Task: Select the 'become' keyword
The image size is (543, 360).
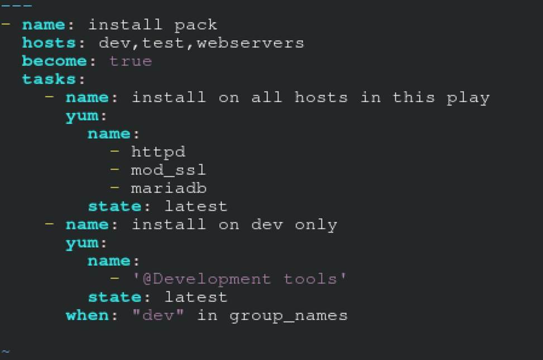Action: point(54,61)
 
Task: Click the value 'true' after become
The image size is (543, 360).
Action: point(131,61)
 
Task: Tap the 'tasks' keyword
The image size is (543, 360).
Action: point(49,79)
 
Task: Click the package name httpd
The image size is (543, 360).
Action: point(158,152)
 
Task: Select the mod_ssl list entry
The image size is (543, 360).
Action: point(169,170)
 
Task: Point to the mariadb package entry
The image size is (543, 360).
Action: point(169,188)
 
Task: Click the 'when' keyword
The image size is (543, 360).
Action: point(87,315)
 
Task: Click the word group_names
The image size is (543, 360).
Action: point(289,316)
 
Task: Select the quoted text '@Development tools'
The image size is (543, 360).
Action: point(239,279)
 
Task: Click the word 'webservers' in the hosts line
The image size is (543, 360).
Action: point(250,43)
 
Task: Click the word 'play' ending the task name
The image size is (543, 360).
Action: point(468,98)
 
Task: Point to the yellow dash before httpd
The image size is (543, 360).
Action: point(115,151)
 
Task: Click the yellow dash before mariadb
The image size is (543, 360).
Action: point(115,188)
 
